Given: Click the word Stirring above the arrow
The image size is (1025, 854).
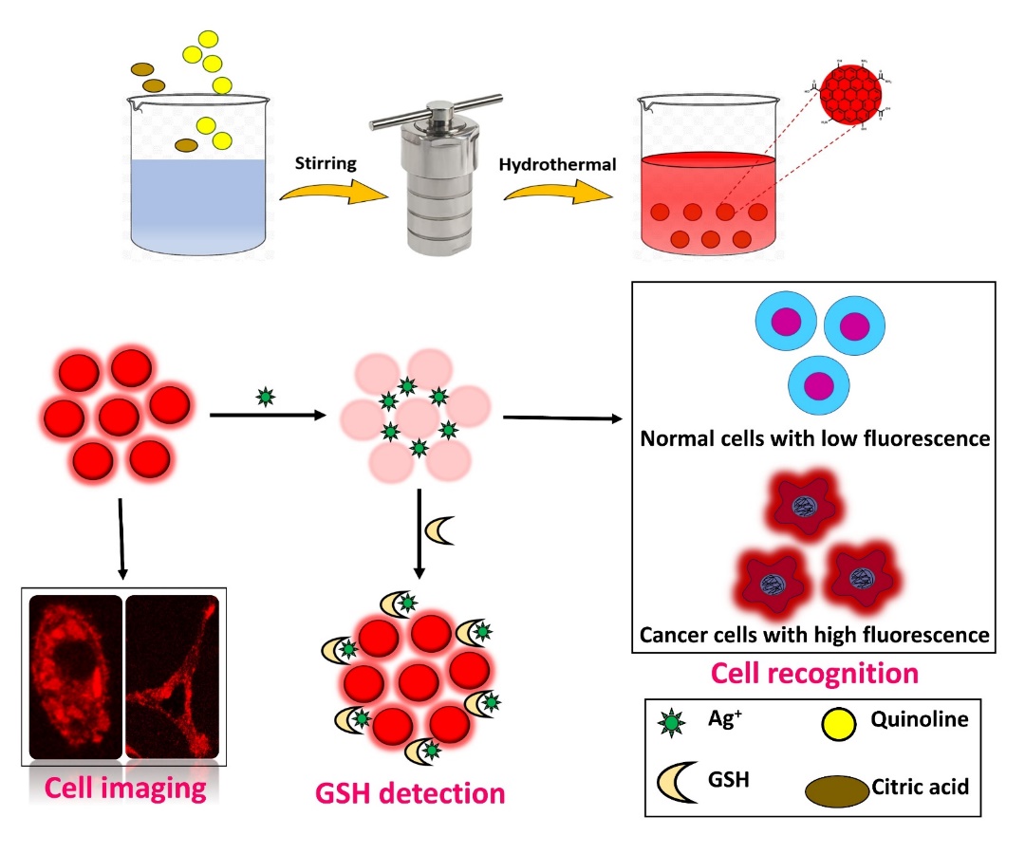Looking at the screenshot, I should (326, 162).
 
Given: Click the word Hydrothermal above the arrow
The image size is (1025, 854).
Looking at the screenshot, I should (557, 164).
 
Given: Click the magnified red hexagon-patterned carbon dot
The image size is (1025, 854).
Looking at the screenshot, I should (851, 94).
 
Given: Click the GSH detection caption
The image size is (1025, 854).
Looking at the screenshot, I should (410, 790).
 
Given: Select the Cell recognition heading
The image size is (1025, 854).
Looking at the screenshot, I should (814, 673).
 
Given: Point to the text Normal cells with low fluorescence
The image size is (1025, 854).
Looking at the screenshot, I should (815, 438).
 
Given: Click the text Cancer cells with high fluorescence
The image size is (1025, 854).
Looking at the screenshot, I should (814, 633).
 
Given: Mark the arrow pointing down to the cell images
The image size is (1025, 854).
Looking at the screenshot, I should (121, 541).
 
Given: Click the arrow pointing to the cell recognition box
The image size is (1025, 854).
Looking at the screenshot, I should (560, 418).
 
